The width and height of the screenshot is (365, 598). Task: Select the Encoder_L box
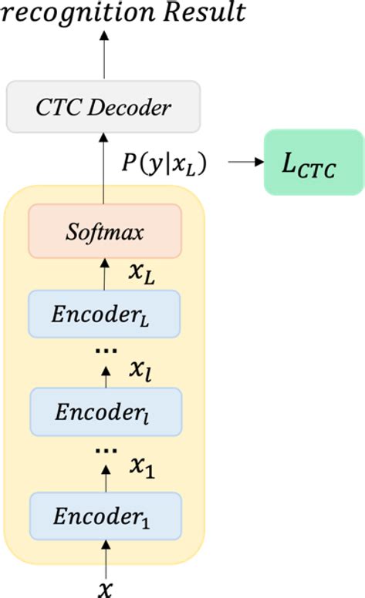click(x=104, y=314)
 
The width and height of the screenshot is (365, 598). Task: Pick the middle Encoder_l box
click(x=104, y=412)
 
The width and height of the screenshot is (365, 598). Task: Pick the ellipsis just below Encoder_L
click(x=104, y=351)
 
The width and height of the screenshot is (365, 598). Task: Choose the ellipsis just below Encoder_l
click(x=104, y=450)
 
